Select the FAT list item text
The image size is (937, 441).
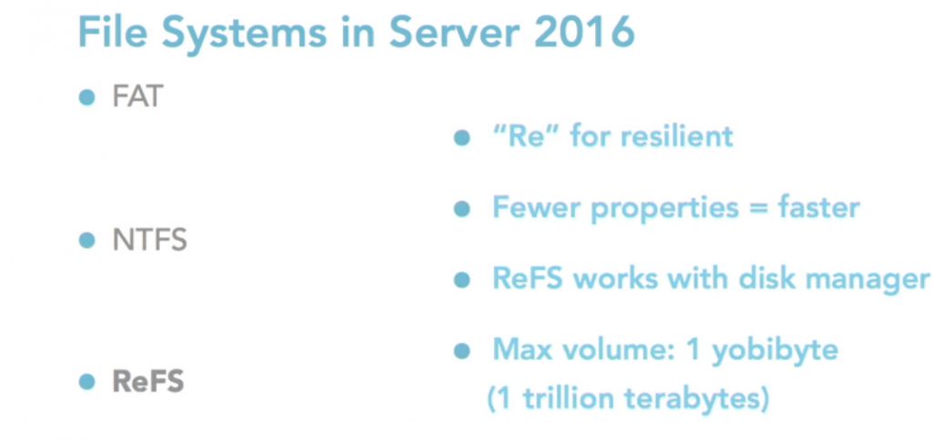(x=136, y=96)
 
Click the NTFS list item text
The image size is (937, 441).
(x=149, y=241)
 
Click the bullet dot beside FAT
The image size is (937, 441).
(x=87, y=97)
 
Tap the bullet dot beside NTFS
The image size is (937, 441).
(x=87, y=241)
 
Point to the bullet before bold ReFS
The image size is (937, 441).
(x=87, y=382)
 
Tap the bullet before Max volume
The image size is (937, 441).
(x=462, y=350)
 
